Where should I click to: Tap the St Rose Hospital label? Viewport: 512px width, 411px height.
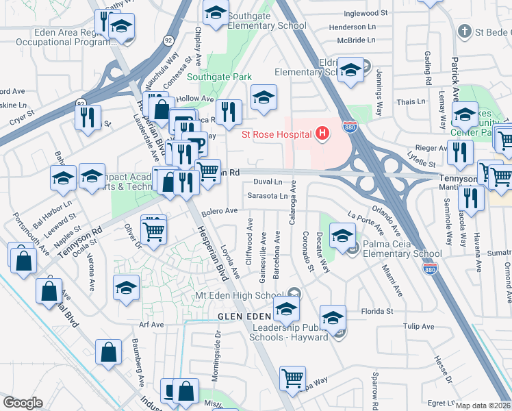point(277,134)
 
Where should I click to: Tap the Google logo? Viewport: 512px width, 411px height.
point(23,403)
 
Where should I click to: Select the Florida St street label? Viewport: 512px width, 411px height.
point(377,311)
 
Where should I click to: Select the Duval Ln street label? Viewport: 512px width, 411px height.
point(268,182)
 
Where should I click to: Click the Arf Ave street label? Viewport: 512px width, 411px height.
point(151,325)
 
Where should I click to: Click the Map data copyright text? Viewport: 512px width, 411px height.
point(483,405)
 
